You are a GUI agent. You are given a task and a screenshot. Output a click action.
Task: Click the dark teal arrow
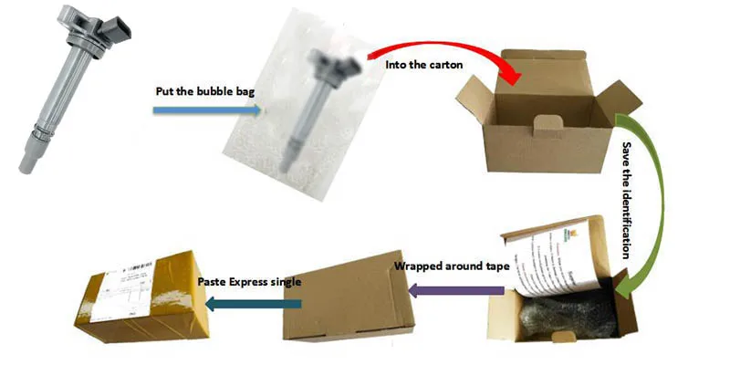point(245,302)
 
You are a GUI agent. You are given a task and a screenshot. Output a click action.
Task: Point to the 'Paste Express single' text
point(249,280)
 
